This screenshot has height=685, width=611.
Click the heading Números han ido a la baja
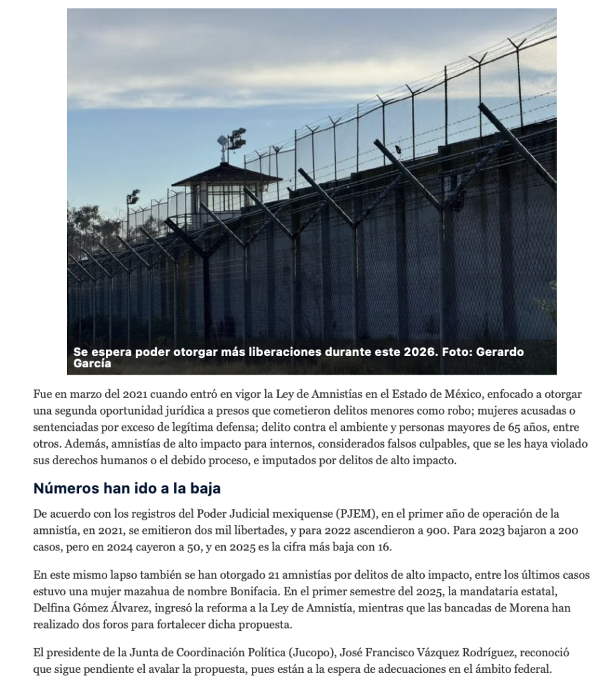tap(127, 488)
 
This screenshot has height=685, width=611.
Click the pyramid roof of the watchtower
tap(226, 175)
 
